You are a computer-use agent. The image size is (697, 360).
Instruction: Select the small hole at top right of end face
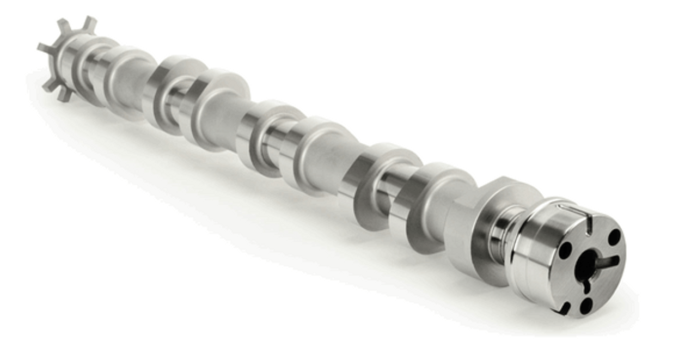[614, 237]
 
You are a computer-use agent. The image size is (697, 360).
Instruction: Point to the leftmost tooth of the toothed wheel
[44, 48]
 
